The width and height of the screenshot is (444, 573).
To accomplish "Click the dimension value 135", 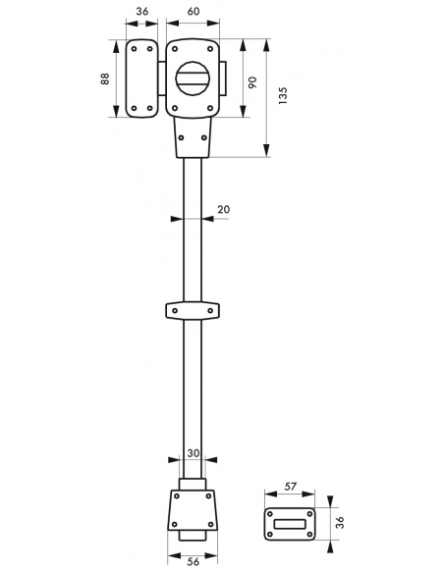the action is click(x=283, y=96).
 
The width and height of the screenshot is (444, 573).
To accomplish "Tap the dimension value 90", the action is click(x=252, y=81).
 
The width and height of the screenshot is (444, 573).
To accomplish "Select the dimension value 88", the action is click(x=105, y=78).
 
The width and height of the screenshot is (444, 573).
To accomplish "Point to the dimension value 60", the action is click(x=194, y=12).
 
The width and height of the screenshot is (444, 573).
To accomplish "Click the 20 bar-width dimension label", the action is click(x=223, y=209).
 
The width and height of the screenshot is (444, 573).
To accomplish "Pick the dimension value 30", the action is click(x=194, y=453).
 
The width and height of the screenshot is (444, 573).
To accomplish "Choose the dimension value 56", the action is click(x=193, y=561).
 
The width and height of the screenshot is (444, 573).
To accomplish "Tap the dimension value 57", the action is click(x=290, y=487).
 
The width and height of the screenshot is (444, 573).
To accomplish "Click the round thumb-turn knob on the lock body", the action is click(x=193, y=78).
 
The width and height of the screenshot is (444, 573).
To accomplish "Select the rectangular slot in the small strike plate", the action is click(x=290, y=524).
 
